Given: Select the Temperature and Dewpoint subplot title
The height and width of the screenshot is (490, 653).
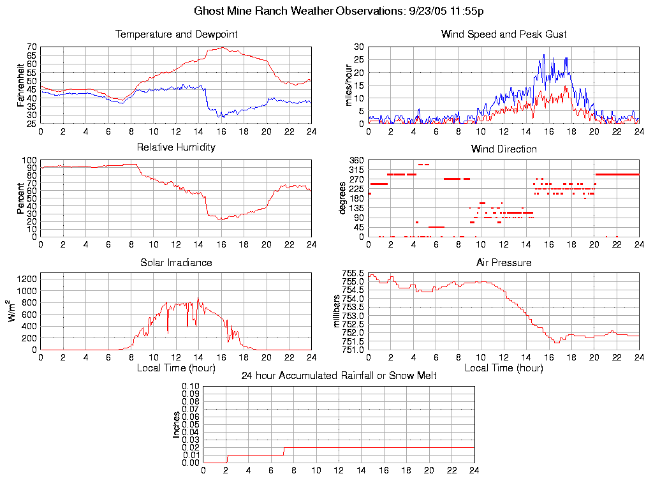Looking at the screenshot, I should click(176, 34).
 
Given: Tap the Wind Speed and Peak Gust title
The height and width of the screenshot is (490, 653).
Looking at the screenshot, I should click(503, 34).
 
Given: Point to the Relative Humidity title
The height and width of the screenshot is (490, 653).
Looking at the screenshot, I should click(176, 147).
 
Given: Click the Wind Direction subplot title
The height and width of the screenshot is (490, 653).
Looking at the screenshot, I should click(503, 149).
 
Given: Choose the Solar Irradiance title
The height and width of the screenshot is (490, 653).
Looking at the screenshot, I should click(176, 262).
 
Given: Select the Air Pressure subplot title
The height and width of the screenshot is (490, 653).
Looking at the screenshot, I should click(503, 262).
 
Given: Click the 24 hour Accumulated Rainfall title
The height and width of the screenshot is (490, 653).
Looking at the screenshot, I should click(339, 376).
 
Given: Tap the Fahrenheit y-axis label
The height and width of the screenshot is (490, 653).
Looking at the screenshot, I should click(20, 85).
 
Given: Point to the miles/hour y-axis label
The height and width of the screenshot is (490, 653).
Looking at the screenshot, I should click(348, 85).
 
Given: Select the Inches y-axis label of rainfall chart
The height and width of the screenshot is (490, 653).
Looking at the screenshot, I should click(177, 424).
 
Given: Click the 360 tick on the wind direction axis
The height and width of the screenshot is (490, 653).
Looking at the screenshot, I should click(356, 160).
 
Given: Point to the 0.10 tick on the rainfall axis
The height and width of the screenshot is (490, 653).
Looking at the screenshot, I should click(191, 386).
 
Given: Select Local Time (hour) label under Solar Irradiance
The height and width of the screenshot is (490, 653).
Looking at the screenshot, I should click(176, 368).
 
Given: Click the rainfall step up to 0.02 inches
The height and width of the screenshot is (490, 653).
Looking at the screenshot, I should click(284, 451).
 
